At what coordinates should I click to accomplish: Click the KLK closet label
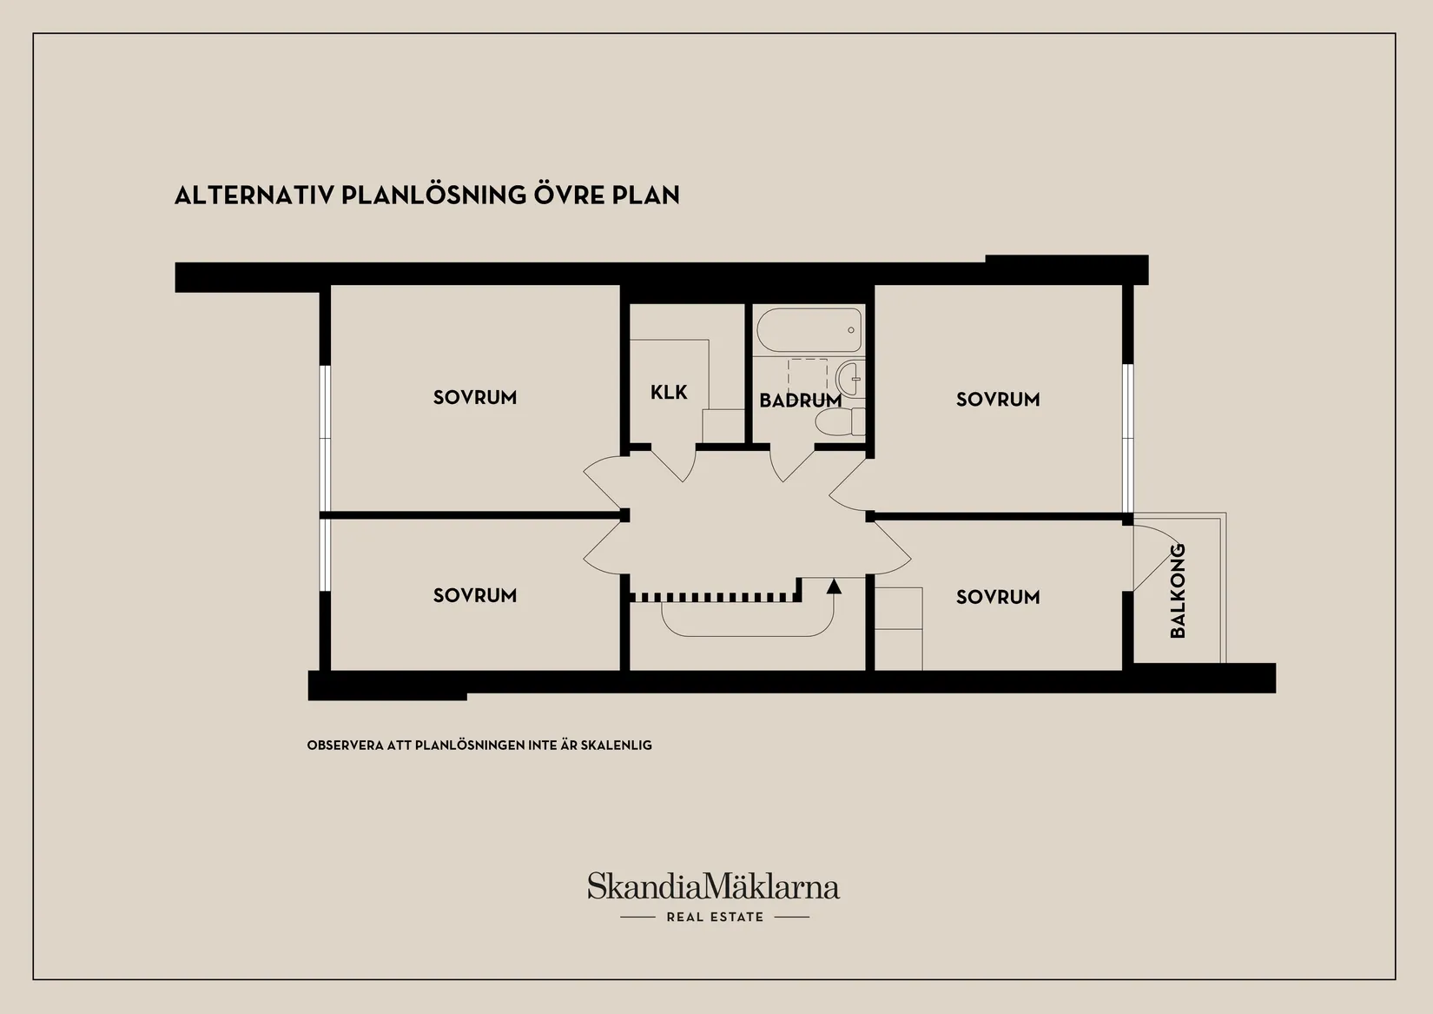[669, 392]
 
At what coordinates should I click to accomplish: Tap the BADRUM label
[800, 401]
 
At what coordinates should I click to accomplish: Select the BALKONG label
[1178, 591]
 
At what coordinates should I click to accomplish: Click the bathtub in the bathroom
[809, 330]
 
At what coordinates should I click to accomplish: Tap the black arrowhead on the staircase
[834, 587]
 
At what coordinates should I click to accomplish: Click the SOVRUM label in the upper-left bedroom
[475, 398]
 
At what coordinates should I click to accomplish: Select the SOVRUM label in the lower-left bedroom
[475, 595]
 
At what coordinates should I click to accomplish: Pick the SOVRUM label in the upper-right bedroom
[998, 400]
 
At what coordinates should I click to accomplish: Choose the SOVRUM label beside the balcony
[998, 597]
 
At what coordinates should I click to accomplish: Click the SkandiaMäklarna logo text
[713, 886]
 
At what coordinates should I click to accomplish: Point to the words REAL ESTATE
[716, 918]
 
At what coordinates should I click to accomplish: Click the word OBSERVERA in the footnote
[345, 746]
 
